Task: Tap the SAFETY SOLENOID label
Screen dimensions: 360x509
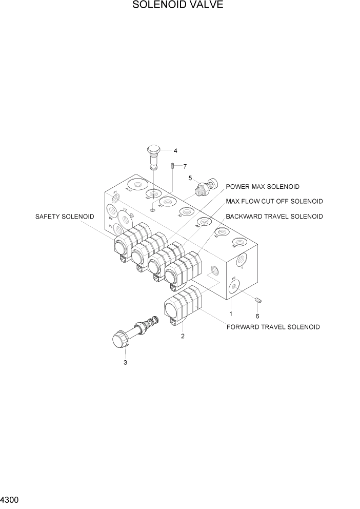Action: pyautogui.click(x=65, y=217)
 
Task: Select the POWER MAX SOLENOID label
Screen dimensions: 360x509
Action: pyautogui.click(x=263, y=187)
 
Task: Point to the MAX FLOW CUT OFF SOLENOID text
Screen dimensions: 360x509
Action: pyautogui.click(x=274, y=201)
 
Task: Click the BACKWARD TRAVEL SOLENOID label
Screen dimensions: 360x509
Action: pyautogui.click(x=274, y=217)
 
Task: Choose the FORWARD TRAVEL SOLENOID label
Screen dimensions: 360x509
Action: pyautogui.click(x=273, y=327)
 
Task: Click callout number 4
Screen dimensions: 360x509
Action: pyautogui.click(x=175, y=151)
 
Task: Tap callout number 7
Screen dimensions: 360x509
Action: pyautogui.click(x=185, y=166)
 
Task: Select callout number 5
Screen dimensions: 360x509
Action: pyautogui.click(x=190, y=178)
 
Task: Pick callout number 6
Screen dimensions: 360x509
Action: pyautogui.click(x=257, y=316)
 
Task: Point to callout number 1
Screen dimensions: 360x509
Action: pyautogui.click(x=231, y=314)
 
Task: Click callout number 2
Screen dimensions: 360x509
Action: pyautogui.click(x=182, y=337)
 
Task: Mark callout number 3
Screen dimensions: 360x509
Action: pyautogui.click(x=125, y=363)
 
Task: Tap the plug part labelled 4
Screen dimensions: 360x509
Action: pyautogui.click(x=154, y=154)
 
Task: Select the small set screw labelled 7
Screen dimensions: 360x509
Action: pyautogui.click(x=173, y=165)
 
